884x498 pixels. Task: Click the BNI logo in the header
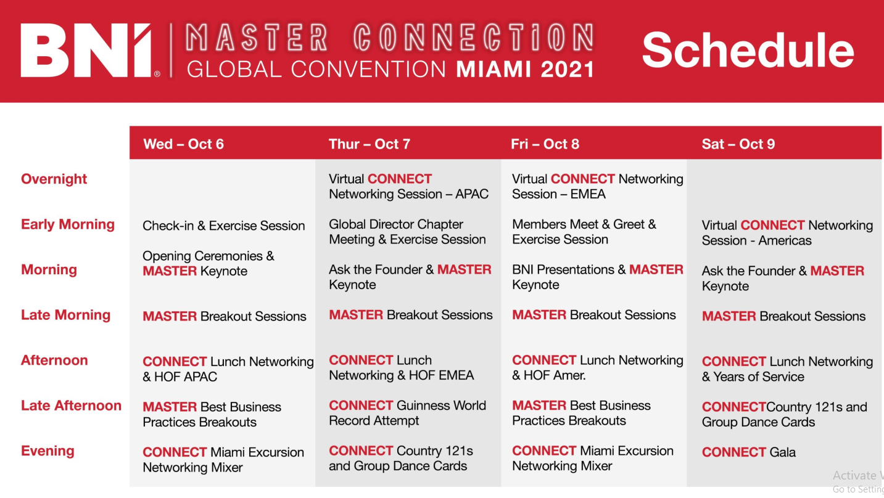tap(90, 50)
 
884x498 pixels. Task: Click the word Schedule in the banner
tap(748, 50)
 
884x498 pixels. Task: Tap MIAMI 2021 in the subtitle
tap(525, 70)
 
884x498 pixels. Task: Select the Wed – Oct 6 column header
tap(183, 144)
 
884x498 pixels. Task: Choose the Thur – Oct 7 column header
tap(370, 144)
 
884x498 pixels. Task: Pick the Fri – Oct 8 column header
tap(545, 144)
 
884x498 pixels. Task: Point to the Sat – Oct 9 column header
tap(738, 144)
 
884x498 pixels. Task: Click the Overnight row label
tap(54, 179)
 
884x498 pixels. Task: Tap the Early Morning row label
tap(67, 224)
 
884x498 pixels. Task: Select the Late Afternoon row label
tap(71, 406)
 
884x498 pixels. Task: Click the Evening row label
tap(48, 451)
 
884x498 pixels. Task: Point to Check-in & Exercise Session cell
tap(224, 226)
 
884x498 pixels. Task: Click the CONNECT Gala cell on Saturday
tap(749, 452)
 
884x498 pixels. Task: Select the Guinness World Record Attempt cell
tap(407, 413)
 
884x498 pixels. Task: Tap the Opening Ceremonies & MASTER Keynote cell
tap(209, 263)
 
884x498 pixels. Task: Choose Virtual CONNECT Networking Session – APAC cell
tap(408, 187)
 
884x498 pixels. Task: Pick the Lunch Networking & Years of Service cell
tap(787, 369)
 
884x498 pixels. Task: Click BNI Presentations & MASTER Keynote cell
tap(598, 277)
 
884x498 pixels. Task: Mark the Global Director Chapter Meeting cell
tap(407, 232)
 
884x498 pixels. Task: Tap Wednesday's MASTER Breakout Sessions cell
tap(224, 316)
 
